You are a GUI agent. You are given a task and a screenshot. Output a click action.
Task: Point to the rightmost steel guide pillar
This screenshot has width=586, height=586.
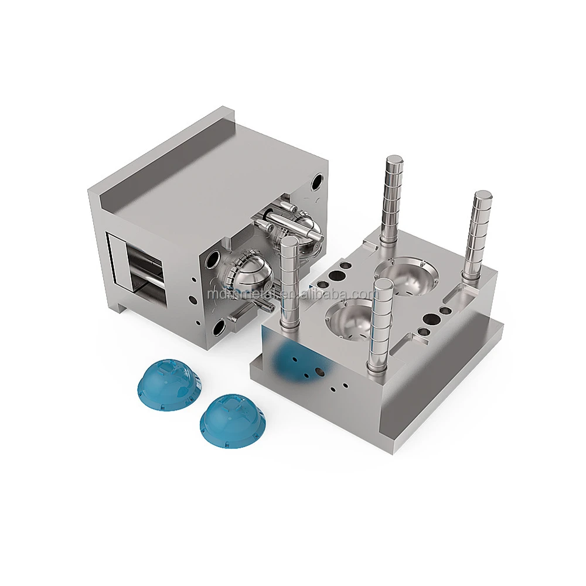pyautogui.click(x=475, y=234)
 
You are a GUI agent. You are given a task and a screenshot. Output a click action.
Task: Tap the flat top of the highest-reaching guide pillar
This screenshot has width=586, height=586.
pyautogui.click(x=394, y=159)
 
